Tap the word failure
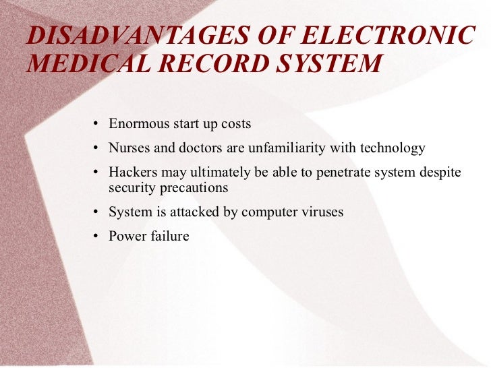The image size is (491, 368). [169, 236]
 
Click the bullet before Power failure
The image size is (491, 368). [97, 237]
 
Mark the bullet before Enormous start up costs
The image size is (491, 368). [97, 125]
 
